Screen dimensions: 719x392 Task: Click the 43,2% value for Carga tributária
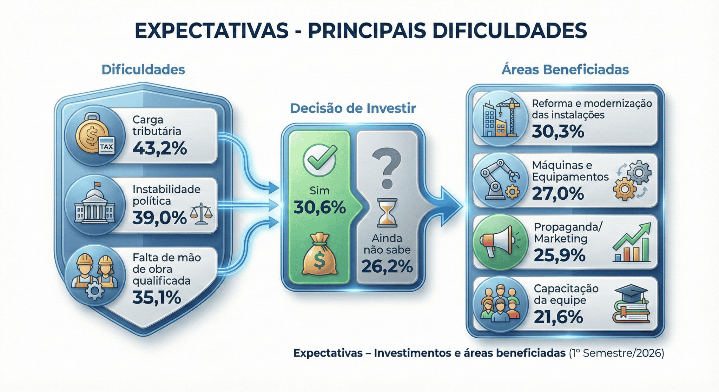click(x=160, y=148)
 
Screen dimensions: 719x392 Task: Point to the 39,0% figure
click(x=160, y=218)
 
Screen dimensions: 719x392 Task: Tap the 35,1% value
click(x=157, y=298)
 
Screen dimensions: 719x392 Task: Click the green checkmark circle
click(x=319, y=160)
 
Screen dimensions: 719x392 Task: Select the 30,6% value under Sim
click(x=319, y=207)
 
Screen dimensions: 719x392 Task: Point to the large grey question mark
click(x=387, y=168)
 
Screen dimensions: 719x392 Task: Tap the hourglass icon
click(x=387, y=213)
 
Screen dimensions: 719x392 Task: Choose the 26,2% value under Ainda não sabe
click(x=387, y=267)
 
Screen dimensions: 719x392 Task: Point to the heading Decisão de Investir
click(x=353, y=108)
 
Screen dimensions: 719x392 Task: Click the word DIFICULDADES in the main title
click(x=509, y=31)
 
